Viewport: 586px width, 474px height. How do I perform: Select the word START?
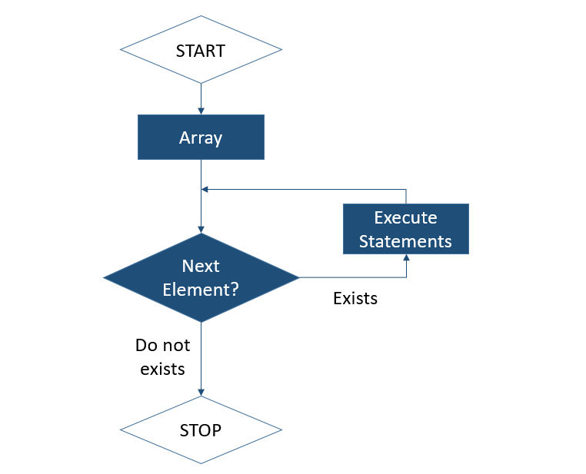[201, 51]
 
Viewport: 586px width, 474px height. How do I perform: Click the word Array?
[201, 138]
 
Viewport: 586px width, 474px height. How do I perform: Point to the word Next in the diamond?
[201, 266]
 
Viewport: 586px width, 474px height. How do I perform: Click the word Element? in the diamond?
[201, 290]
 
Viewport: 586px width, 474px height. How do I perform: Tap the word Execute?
[405, 217]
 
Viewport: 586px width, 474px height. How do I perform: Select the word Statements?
[405, 240]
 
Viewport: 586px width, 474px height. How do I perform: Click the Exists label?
[355, 299]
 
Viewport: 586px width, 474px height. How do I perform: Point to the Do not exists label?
[162, 356]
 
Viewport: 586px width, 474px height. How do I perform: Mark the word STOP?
[201, 430]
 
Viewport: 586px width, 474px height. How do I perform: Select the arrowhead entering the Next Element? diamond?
[201, 229]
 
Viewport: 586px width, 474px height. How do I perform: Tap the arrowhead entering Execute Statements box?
[405, 258]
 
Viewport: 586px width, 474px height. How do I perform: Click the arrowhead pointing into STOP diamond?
[201, 392]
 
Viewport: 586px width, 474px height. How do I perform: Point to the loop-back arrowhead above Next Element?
[205, 189]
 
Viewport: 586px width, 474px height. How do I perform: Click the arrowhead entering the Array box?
[201, 111]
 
